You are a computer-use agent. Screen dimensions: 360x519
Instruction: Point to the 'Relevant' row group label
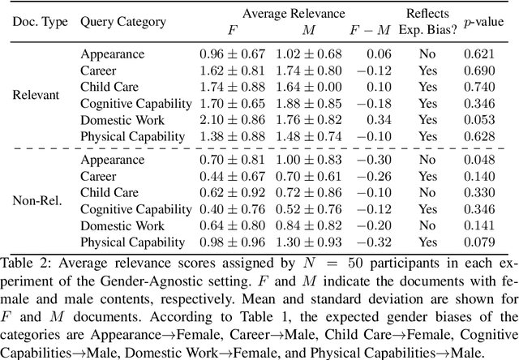click(x=36, y=95)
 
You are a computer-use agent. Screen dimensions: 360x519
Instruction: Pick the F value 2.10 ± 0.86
click(x=233, y=119)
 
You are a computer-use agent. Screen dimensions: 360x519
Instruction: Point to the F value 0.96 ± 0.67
click(x=233, y=54)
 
